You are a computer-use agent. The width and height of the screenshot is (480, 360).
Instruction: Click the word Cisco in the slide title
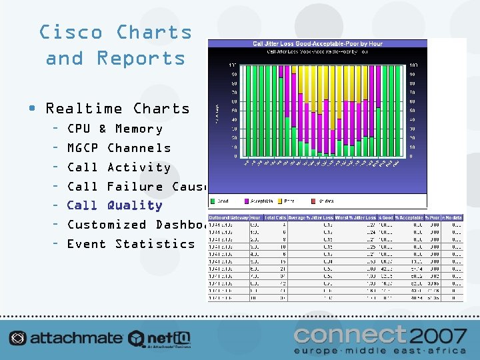pos(71,32)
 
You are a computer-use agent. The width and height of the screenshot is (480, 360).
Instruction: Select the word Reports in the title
pos(141,58)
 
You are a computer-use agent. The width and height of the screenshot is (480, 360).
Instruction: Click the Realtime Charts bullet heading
pos(117,109)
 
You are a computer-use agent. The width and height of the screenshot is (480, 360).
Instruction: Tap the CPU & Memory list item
pos(115,129)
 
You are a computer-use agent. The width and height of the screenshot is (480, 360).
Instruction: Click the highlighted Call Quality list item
pos(115,205)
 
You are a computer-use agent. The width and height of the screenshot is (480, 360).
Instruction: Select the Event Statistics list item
pos(131,244)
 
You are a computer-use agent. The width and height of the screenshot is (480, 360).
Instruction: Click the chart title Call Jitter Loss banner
pos(317,44)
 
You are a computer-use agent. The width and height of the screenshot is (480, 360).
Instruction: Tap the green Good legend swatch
pos(213,199)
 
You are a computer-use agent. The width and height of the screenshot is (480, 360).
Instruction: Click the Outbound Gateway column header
pos(229,218)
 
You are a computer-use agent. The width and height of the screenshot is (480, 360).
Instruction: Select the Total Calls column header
pos(275,218)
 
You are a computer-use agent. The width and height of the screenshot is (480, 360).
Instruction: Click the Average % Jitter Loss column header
pos(311,218)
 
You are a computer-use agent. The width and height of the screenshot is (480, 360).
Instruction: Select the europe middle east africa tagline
pos(381,350)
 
